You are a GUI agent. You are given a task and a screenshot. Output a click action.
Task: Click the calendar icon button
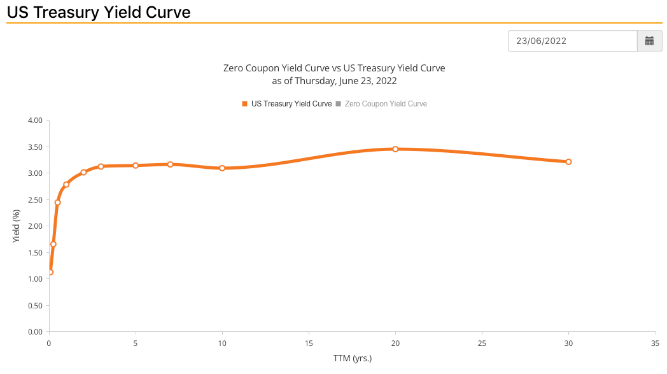[649, 41]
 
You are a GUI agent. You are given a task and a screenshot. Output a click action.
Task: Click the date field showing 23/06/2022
[572, 41]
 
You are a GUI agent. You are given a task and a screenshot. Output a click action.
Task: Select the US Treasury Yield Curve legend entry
[287, 103]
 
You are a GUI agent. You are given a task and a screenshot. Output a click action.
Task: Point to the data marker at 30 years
[568, 162]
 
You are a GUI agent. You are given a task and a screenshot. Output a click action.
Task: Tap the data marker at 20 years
[395, 149]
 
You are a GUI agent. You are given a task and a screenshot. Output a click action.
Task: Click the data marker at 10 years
[222, 168]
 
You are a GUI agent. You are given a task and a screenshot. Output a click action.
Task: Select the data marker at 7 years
[170, 164]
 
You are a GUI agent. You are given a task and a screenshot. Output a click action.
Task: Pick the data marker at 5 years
[136, 166]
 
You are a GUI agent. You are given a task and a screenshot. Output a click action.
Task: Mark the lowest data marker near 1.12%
[50, 272]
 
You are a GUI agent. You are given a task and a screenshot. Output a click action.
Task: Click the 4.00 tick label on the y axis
[35, 120]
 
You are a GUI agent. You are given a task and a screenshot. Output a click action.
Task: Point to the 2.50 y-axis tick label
[35, 200]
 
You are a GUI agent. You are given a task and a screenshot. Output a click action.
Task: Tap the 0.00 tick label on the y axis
[35, 332]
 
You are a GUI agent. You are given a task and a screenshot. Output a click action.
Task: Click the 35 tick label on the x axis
[655, 343]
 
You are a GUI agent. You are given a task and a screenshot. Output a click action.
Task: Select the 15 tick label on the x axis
[309, 343]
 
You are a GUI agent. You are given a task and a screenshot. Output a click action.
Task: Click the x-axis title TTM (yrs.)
[352, 358]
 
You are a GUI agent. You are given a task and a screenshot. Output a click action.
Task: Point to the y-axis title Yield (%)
[17, 226]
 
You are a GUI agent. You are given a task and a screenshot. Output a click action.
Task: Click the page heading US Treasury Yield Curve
[99, 11]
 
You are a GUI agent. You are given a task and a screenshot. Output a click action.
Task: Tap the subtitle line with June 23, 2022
[334, 81]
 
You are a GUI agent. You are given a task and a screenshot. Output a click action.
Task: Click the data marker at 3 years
[101, 166]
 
